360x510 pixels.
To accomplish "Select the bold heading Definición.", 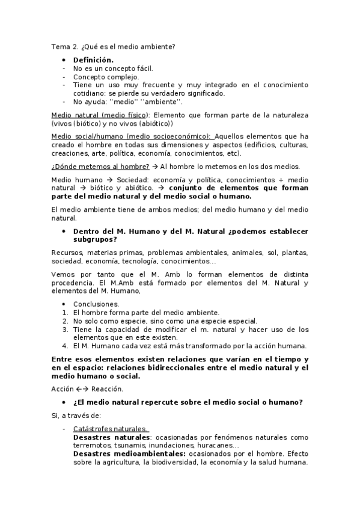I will pos(93,60).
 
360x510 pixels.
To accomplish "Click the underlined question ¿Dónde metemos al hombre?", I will pos(100,166).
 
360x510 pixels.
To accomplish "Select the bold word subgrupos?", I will pos(95,239).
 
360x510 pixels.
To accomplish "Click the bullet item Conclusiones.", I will pos(96,304).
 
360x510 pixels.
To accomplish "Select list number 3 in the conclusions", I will pos(65,329).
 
